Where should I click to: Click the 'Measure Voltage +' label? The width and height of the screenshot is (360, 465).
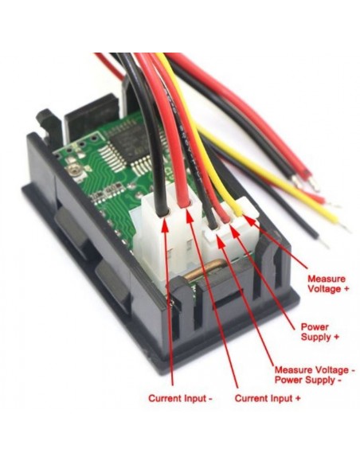coord(328,283)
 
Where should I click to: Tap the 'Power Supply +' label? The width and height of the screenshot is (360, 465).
coord(320,332)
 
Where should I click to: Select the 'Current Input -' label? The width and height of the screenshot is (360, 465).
coord(180,398)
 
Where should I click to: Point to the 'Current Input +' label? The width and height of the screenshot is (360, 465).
coord(268,398)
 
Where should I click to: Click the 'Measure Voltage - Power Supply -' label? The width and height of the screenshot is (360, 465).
coord(315,374)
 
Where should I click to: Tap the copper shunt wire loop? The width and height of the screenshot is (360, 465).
coord(204,268)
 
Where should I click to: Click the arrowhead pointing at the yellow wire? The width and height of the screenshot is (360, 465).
coord(248,220)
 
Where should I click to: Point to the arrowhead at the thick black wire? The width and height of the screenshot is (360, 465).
coord(165,225)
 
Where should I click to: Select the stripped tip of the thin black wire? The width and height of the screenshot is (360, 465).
coord(324,244)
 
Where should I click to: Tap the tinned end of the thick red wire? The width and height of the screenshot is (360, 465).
coord(315,185)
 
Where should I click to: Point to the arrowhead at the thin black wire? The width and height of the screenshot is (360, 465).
coord(221,240)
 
